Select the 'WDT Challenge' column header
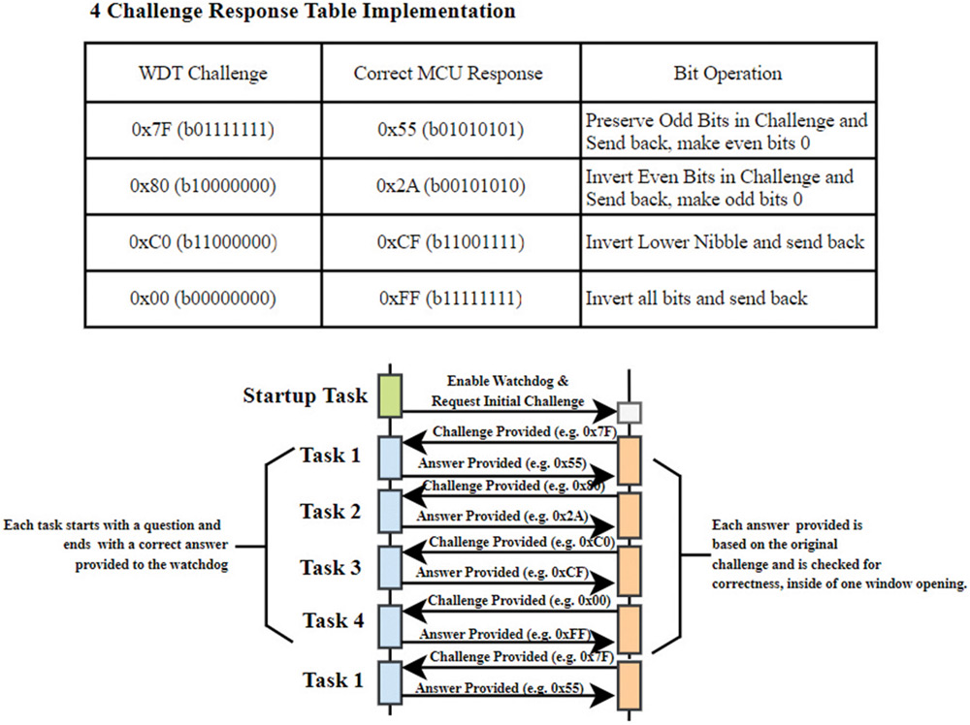[203, 74]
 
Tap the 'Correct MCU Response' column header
[447, 74]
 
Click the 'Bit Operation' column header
[727, 74]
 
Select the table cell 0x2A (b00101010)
[447, 187]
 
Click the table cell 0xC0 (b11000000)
[203, 241]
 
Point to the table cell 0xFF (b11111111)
[447, 298]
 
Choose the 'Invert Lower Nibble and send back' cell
[725, 241]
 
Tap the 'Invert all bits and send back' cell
[695, 298]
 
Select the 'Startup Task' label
[305, 395]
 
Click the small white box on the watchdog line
[630, 412]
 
